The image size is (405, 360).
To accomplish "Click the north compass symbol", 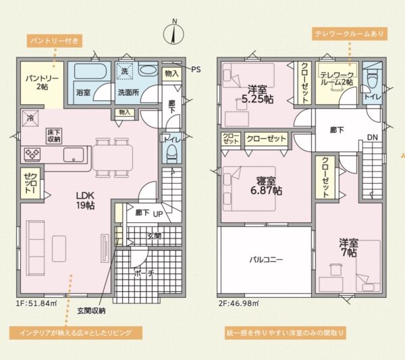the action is (173, 34).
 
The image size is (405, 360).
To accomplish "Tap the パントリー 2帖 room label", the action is (42, 82).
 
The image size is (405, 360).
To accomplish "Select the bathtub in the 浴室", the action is (89, 70).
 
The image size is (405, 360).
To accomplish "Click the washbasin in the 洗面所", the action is (147, 70).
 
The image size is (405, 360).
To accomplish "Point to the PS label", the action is (196, 70).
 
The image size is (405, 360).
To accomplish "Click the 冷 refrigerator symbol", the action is (30, 119).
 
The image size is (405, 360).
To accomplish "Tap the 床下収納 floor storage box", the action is (54, 136).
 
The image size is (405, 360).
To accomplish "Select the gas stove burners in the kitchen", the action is (32, 154).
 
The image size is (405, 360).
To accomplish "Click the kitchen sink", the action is (74, 155).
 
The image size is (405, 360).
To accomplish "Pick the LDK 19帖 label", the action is (85, 201).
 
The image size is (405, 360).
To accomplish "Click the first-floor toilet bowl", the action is (171, 153).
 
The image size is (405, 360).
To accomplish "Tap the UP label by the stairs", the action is (158, 214).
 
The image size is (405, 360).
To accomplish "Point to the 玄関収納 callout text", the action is (91, 311).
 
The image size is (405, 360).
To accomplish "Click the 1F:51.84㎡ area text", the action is (36, 303).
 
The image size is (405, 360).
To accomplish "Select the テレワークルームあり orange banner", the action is (350, 34).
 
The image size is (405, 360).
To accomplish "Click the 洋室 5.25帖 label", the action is (257, 95).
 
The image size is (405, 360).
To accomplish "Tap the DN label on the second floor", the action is (373, 138).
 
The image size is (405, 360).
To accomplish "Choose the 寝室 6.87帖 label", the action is (266, 186).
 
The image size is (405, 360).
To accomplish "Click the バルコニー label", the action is (266, 259).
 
